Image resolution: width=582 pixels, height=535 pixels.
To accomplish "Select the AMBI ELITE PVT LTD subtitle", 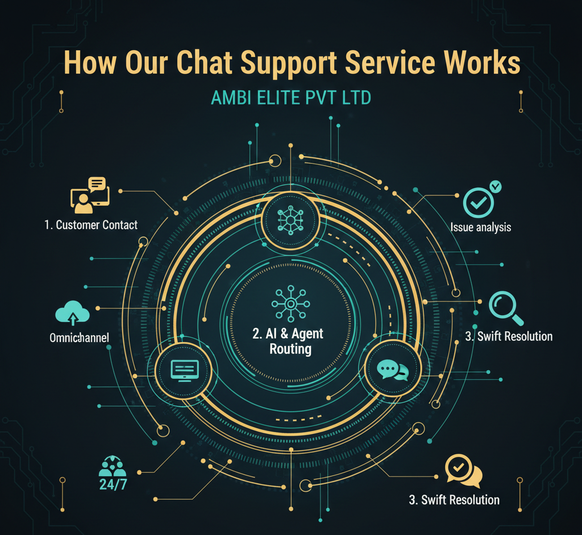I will click(290, 98).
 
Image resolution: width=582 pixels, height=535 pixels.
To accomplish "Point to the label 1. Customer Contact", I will click(91, 225).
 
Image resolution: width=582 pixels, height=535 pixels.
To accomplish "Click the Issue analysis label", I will click(481, 227).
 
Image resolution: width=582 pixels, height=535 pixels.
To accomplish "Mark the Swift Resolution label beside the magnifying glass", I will click(509, 336).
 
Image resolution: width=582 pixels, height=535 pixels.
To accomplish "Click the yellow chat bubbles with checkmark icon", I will click(463, 471).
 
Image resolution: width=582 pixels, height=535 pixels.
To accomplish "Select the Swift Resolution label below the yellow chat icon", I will click(454, 500).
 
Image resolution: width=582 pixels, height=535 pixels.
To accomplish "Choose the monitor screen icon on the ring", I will click(185, 370).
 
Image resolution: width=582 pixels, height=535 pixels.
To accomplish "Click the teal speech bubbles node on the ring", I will click(393, 370).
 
